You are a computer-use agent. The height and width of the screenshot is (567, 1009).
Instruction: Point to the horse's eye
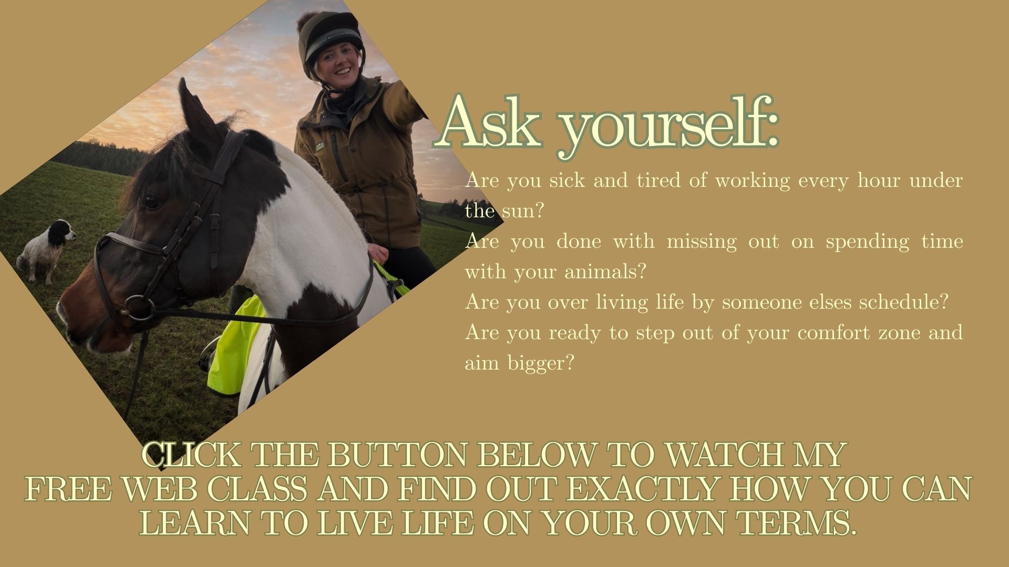tap(151, 202)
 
